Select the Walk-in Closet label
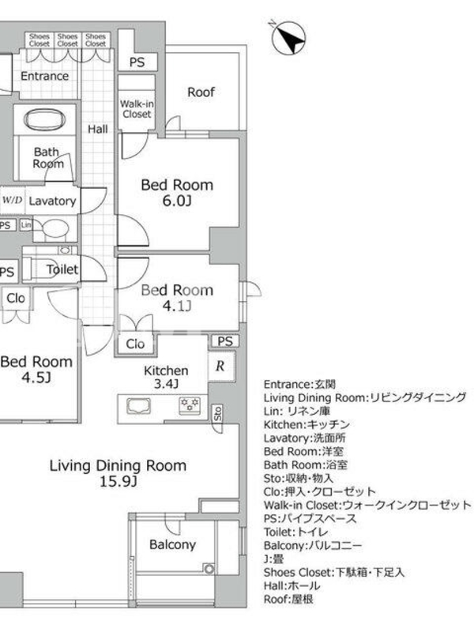[137, 109]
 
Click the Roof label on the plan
[201, 92]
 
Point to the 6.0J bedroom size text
[176, 201]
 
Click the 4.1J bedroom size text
[176, 307]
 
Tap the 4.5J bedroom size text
[36, 378]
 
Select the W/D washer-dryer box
[13, 201]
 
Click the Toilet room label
[62, 269]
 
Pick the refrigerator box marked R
[220, 366]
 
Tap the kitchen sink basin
[139, 406]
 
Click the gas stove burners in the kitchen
[190, 406]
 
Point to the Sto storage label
[218, 413]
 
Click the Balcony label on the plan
[172, 544]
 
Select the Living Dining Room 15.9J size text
[118, 481]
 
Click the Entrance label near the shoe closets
[44, 76]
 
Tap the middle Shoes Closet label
[67, 40]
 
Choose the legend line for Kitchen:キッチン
[307, 424]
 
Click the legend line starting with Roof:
[288, 599]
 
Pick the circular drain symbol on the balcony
[209, 569]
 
